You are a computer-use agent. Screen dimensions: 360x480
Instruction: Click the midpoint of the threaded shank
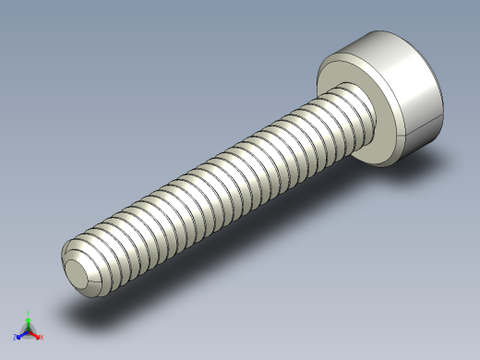tap(222, 189)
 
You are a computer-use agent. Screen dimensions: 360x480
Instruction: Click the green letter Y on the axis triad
tap(29, 312)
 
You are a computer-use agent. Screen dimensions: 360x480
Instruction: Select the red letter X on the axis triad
tap(41, 337)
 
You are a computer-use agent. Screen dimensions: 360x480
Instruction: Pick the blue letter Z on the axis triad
tap(16, 338)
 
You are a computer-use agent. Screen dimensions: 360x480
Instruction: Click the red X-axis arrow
tap(35, 334)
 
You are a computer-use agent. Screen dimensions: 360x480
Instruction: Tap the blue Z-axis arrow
tap(21, 334)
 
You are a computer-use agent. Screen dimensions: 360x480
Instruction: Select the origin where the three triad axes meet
tap(29, 330)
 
